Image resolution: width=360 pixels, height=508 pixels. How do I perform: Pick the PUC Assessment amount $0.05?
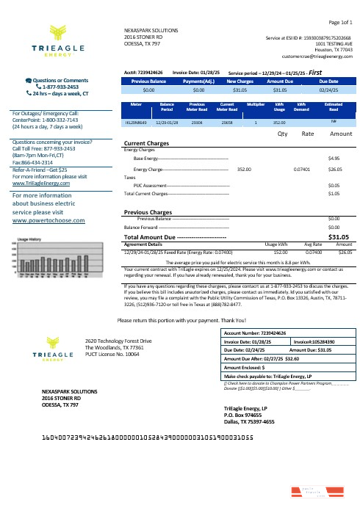click(x=333, y=186)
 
